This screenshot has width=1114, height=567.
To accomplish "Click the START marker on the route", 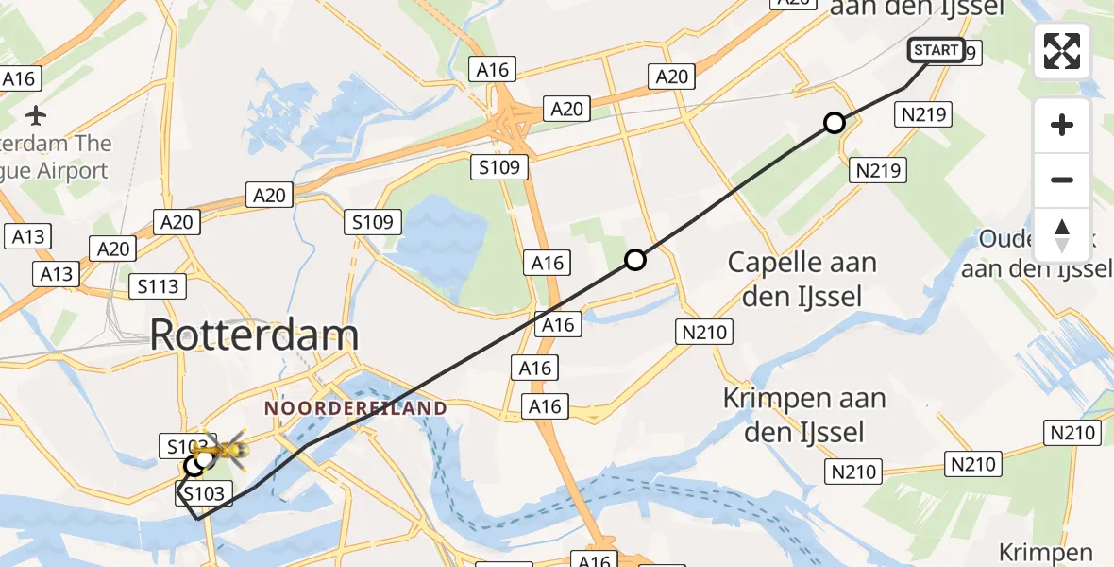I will (936, 50).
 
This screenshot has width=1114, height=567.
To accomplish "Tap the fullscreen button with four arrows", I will (1062, 51).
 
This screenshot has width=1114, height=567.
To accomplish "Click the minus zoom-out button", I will (1062, 180).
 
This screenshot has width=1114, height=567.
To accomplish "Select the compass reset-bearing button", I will (1062, 234).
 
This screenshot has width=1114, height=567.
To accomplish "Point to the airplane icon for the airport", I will (36, 116).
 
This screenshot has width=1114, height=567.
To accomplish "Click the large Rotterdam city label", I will (254, 335).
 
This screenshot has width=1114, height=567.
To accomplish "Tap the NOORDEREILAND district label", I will (355, 408).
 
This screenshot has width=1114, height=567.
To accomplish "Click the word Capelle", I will (773, 263).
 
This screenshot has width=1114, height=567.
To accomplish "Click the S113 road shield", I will (159, 286).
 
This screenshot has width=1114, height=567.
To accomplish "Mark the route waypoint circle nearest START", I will (834, 123).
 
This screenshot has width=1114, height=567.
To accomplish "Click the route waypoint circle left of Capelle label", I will (635, 260).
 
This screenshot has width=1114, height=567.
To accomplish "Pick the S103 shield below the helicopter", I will (202, 492).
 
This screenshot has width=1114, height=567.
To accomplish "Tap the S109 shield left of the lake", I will (373, 222).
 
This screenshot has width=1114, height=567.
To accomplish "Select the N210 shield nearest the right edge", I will (1073, 433).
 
